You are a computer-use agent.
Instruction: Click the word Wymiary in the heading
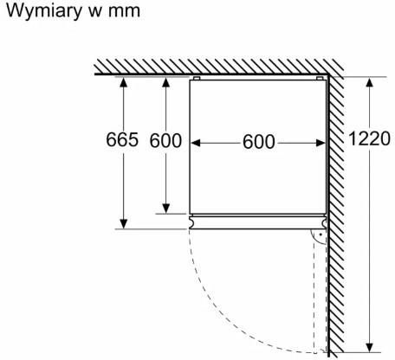tap(44, 11)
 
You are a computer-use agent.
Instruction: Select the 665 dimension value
tap(122, 139)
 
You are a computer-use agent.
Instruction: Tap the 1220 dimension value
tap(370, 138)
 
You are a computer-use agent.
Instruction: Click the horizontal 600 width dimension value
tap(258, 142)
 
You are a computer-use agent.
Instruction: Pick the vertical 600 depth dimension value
tap(165, 141)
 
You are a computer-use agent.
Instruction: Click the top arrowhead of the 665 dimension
tap(124, 82)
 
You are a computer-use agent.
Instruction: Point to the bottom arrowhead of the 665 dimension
tap(124, 224)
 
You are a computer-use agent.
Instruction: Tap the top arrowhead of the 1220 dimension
tap(370, 82)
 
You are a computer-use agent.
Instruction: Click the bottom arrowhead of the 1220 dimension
tap(370, 348)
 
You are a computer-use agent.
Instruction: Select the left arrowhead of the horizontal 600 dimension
tap(196, 143)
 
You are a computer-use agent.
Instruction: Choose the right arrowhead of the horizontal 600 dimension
tap(321, 143)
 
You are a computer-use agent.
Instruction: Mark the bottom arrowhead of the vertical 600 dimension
tap(166, 209)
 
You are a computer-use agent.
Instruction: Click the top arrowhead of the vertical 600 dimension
tap(166, 82)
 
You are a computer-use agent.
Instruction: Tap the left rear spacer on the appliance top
tap(197, 78)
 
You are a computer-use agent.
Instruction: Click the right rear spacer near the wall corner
tap(320, 78)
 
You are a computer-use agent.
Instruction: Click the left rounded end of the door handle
tap(192, 222)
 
